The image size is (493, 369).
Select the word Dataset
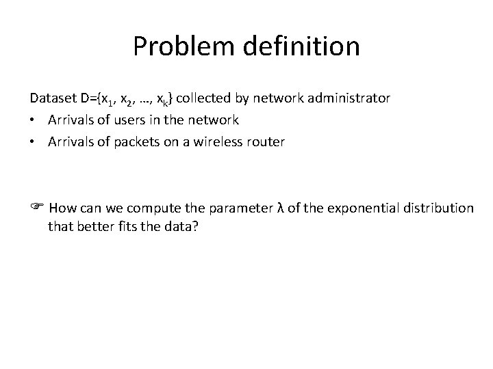tap(53, 98)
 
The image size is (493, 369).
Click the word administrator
tap(349, 98)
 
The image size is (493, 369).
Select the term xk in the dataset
tap(163, 100)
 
